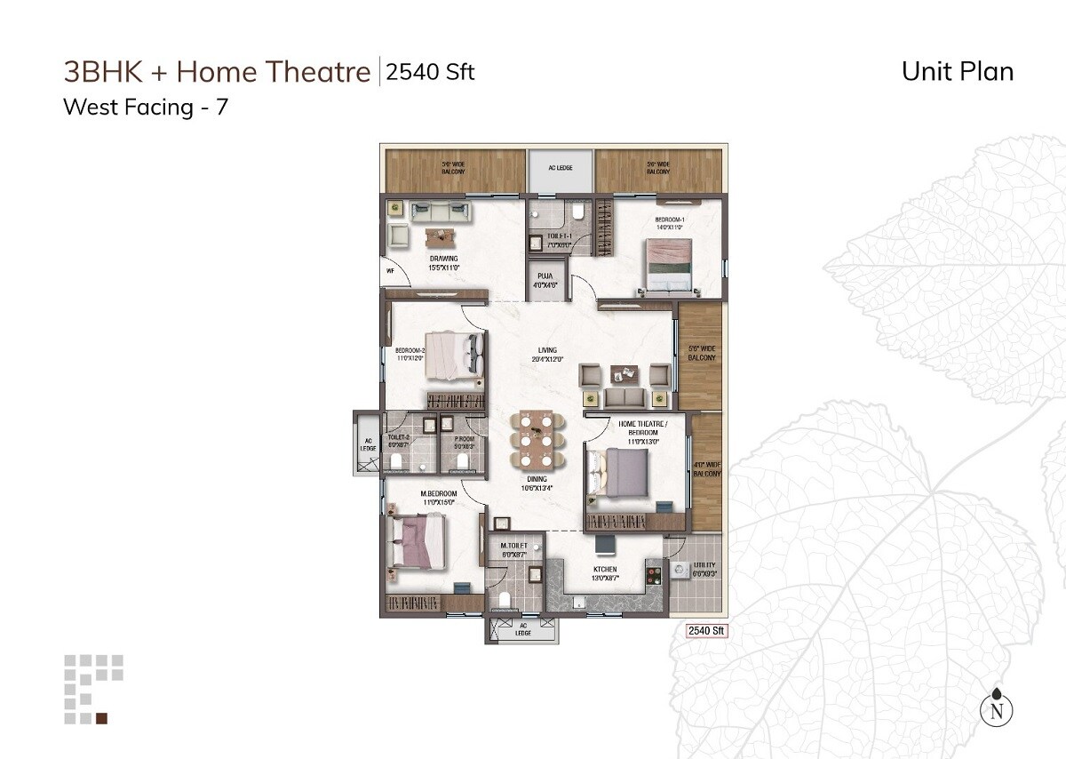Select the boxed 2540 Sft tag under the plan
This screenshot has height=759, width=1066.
point(707,631)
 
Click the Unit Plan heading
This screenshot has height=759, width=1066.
point(957,71)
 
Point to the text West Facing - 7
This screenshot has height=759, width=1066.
point(146,108)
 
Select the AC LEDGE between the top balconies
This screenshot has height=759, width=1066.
point(560,168)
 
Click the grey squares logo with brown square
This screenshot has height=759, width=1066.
point(93,690)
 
